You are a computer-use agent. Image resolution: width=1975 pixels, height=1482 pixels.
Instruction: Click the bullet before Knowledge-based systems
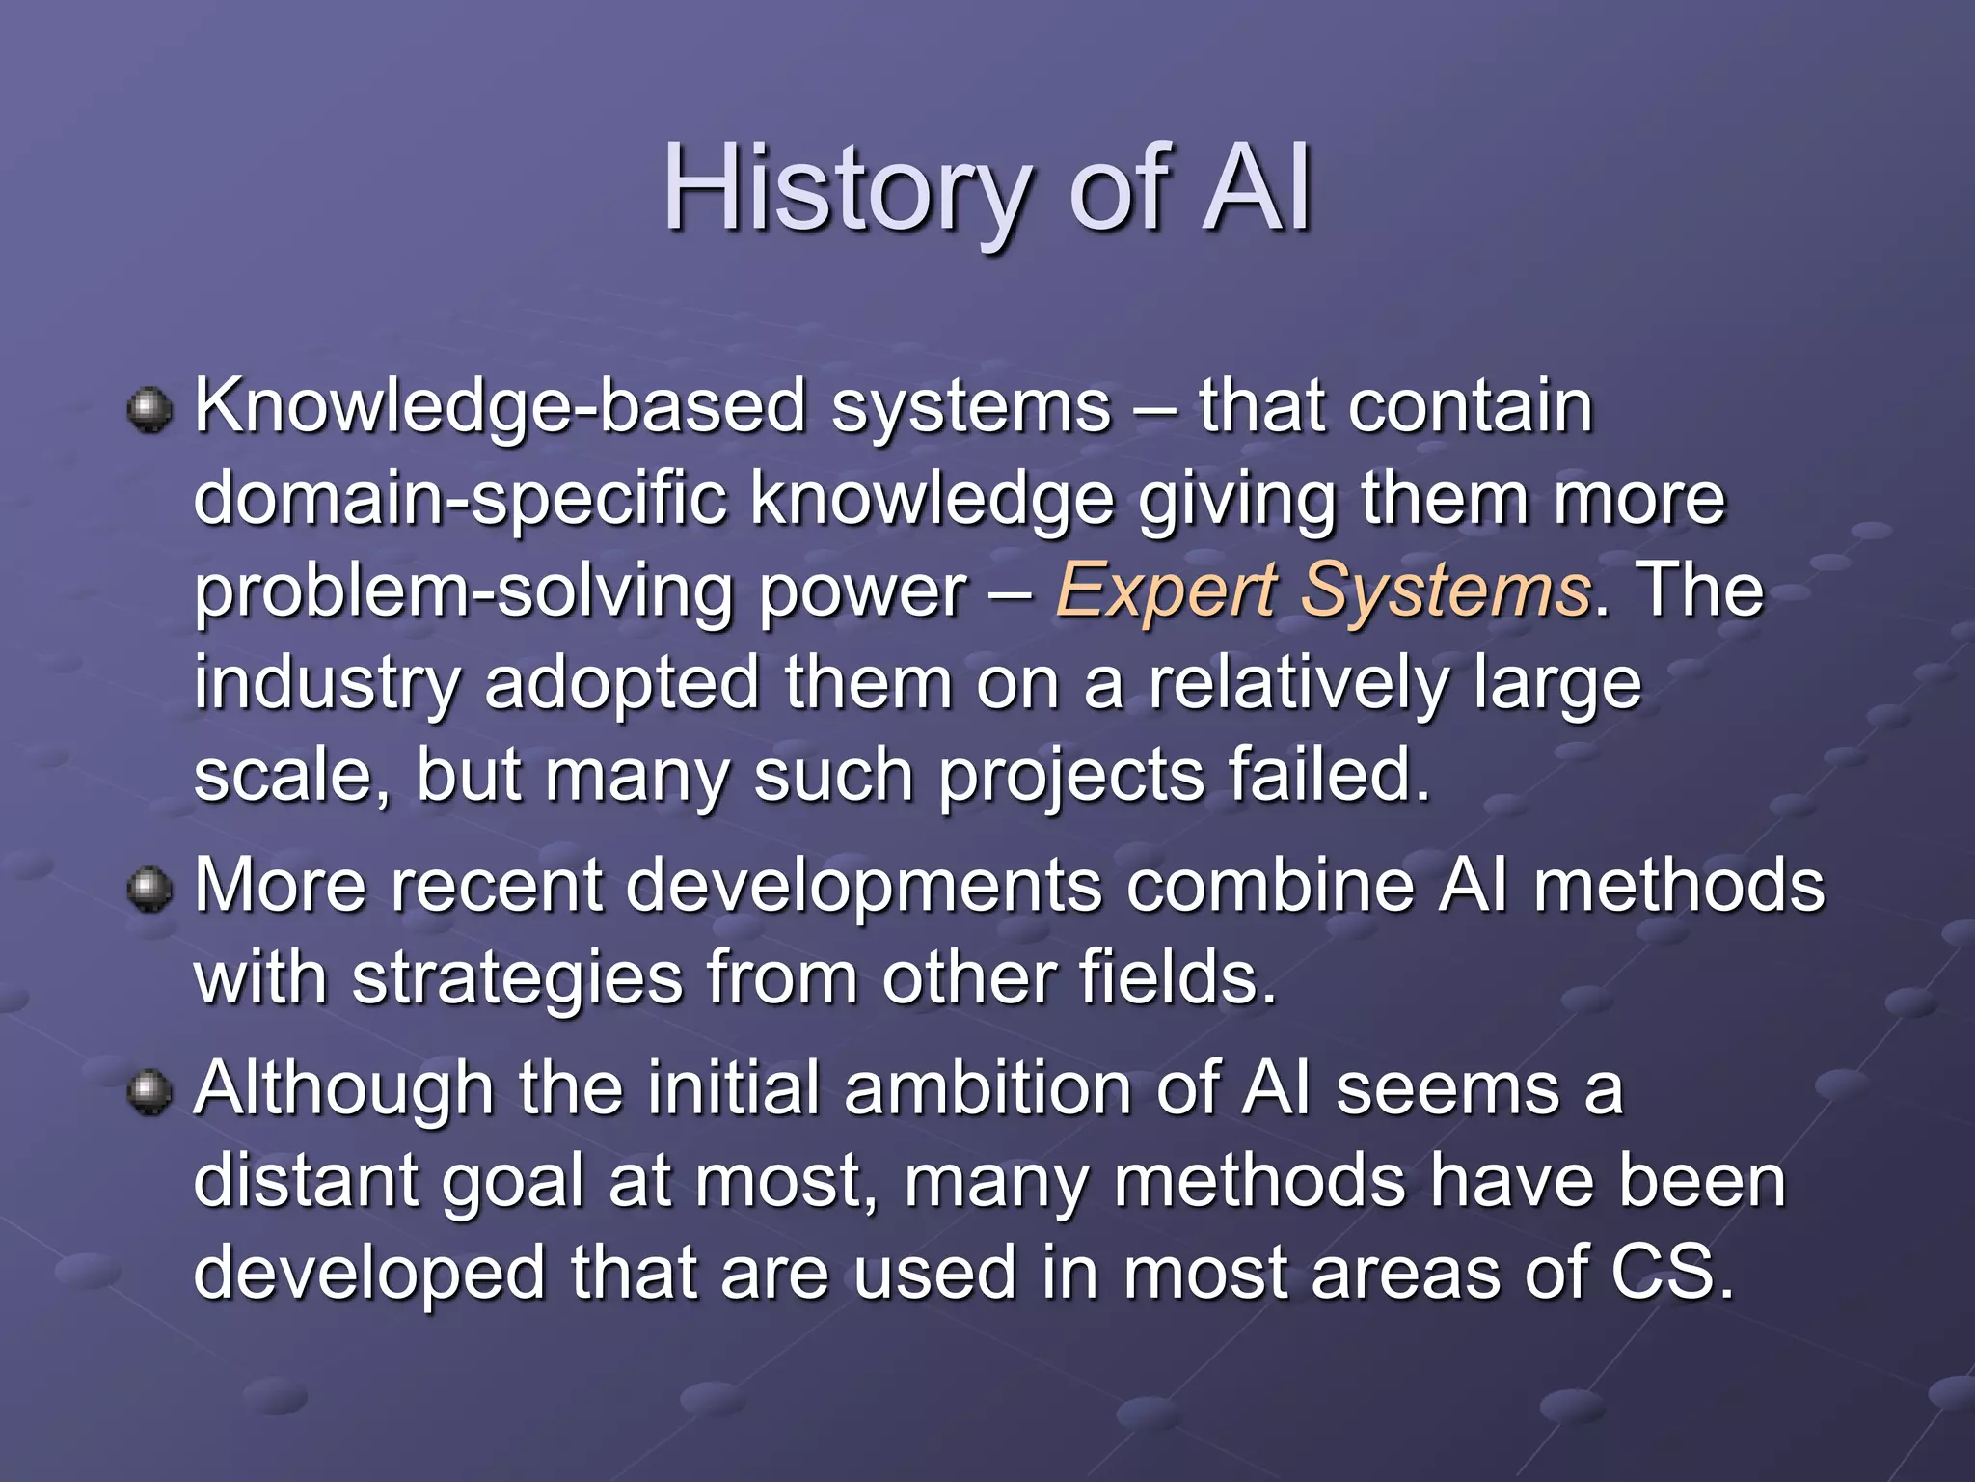tap(149, 411)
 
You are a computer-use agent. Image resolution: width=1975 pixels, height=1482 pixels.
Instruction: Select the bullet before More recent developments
tap(149, 889)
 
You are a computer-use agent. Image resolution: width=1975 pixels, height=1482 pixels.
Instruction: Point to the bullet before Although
tap(149, 1092)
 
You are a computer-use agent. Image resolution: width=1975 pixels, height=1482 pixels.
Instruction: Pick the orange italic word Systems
tap(1446, 590)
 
